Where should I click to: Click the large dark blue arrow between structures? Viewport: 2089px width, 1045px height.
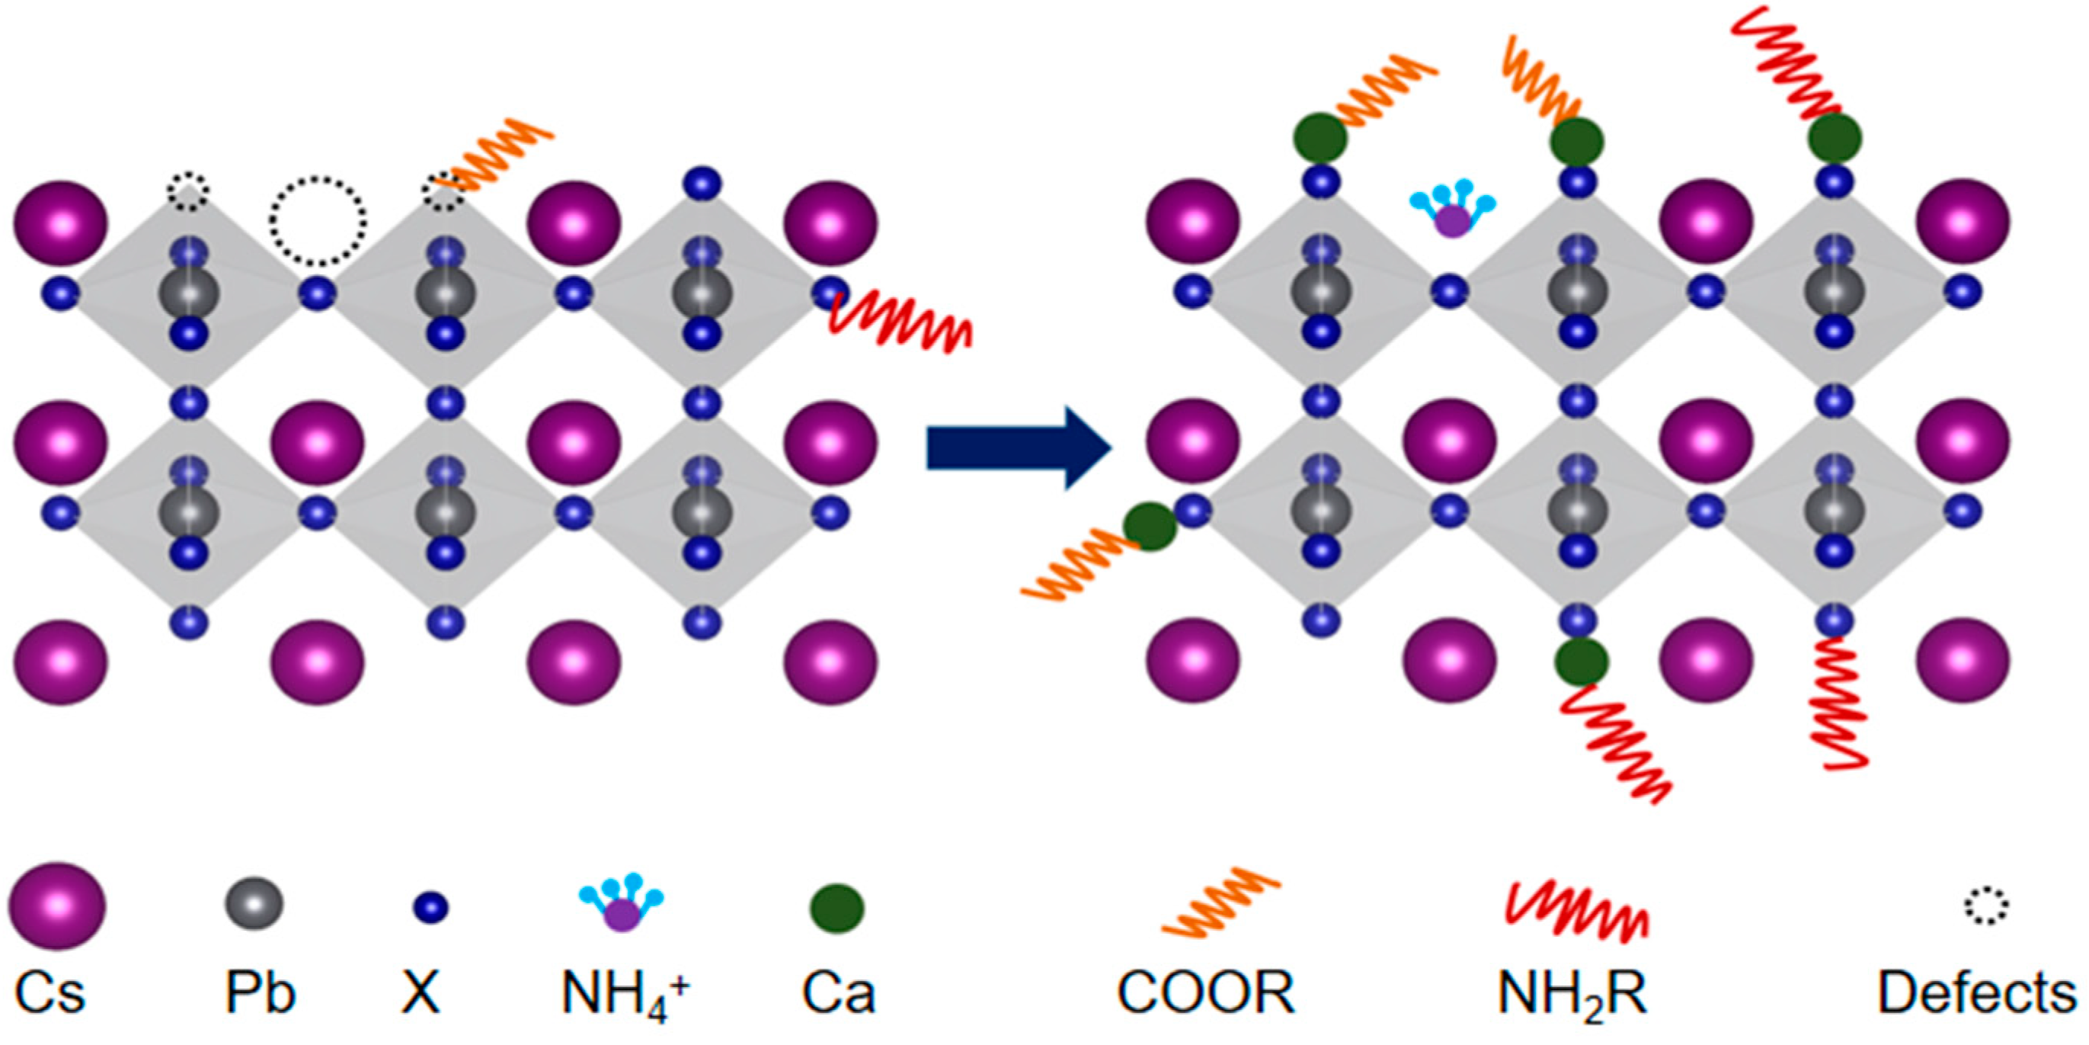tap(1018, 449)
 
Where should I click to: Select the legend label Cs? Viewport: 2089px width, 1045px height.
tap(50, 992)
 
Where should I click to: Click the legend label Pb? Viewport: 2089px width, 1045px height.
tap(261, 992)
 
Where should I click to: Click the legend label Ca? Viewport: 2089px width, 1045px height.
tap(839, 992)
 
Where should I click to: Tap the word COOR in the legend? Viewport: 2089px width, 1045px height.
tap(1206, 992)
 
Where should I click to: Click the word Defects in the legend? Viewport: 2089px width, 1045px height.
tap(1977, 992)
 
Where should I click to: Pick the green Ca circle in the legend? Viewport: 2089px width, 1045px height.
tap(837, 908)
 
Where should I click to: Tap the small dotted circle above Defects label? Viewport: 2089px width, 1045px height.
tap(1985, 906)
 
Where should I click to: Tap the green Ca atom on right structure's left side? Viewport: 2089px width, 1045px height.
tap(1149, 526)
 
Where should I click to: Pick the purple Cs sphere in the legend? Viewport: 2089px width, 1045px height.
tap(57, 906)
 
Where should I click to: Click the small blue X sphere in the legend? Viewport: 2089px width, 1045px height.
tap(430, 907)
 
